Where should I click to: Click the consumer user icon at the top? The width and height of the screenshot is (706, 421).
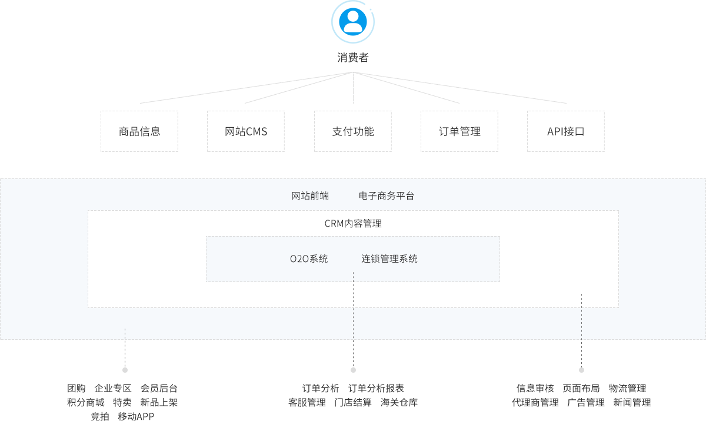(353, 21)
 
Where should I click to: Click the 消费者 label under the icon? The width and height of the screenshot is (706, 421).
(353, 58)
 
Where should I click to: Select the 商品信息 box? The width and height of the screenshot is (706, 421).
(139, 131)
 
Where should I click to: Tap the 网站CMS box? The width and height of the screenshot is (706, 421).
(246, 131)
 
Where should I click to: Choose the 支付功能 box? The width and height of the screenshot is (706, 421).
(353, 131)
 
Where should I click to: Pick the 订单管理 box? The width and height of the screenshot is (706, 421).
(459, 131)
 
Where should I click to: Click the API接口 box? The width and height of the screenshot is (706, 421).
(566, 131)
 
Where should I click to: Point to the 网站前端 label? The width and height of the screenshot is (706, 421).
(310, 196)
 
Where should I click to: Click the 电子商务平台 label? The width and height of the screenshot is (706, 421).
(387, 196)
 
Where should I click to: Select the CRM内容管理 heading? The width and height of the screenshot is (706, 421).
(353, 224)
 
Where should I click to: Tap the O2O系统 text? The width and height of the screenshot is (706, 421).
(309, 259)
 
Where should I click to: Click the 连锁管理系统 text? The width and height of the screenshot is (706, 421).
(389, 259)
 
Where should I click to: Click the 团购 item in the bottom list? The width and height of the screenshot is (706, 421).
(76, 389)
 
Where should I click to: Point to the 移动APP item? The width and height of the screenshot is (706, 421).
(136, 416)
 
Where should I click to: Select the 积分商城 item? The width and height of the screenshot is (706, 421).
(85, 403)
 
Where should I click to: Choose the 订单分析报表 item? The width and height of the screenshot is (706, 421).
(377, 389)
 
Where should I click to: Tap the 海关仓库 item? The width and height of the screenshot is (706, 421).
(399, 403)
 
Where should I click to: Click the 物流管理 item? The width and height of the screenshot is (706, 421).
(628, 389)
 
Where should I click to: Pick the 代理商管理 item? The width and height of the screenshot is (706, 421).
(535, 403)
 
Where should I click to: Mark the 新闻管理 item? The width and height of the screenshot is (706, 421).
(632, 403)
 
